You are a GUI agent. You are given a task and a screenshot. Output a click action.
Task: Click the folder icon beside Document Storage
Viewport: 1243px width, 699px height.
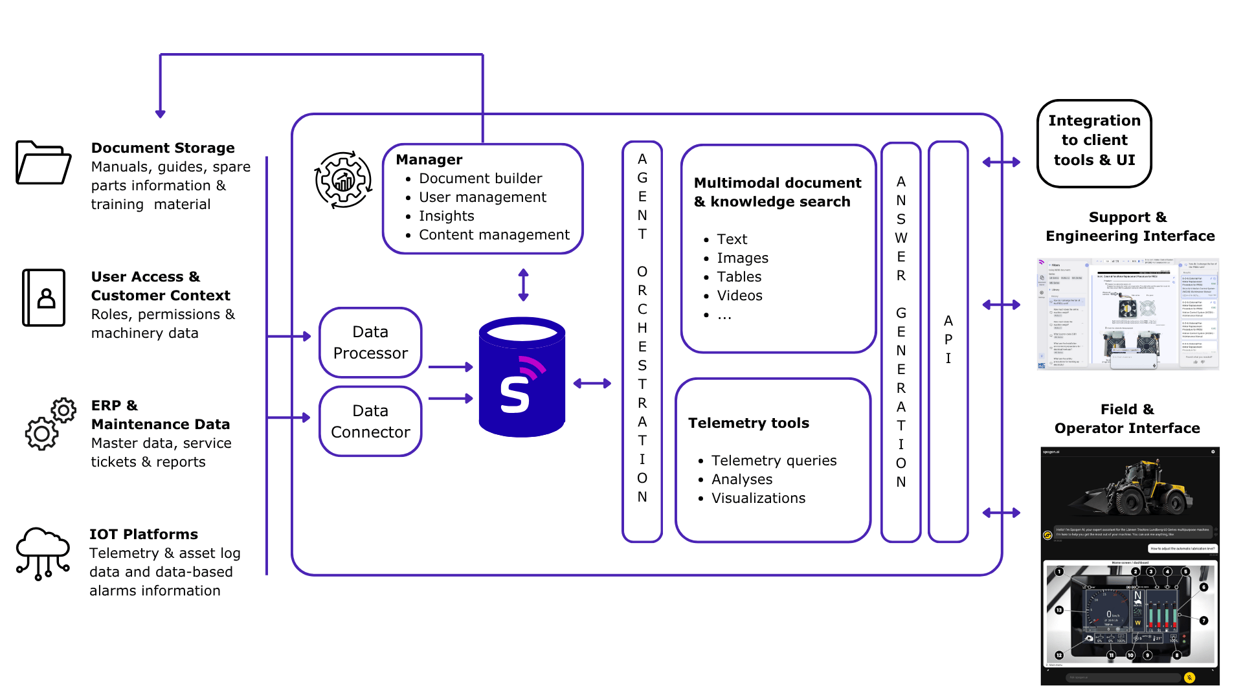(x=43, y=163)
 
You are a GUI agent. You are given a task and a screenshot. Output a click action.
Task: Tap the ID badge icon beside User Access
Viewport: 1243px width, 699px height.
(x=44, y=298)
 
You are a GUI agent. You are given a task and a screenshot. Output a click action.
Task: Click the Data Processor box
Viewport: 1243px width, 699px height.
(x=370, y=342)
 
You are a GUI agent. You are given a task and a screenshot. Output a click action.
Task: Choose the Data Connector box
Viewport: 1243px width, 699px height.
(x=370, y=421)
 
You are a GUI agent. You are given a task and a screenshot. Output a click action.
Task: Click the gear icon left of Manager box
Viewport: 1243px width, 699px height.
(x=343, y=180)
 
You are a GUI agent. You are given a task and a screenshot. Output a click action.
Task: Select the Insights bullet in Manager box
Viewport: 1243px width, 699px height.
(x=446, y=216)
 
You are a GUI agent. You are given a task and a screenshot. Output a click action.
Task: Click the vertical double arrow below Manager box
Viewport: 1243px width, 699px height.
(x=523, y=285)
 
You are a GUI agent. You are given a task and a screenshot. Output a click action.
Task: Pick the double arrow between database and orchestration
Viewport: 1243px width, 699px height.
(x=592, y=383)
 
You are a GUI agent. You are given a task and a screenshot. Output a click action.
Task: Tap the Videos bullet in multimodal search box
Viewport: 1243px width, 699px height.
(x=739, y=296)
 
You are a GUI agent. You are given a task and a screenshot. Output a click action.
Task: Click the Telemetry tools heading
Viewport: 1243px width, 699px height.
(x=748, y=423)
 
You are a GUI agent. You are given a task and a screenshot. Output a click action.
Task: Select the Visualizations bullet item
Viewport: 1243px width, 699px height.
(x=758, y=498)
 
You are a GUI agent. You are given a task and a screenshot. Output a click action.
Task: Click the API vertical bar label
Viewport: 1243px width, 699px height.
(x=948, y=340)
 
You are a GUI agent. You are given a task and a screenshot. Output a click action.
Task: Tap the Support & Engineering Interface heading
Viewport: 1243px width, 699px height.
(x=1130, y=227)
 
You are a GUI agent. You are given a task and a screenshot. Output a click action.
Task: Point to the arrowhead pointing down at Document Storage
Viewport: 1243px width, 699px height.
(x=161, y=113)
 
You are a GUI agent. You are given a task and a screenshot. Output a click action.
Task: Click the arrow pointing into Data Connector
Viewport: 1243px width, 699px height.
(x=304, y=417)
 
